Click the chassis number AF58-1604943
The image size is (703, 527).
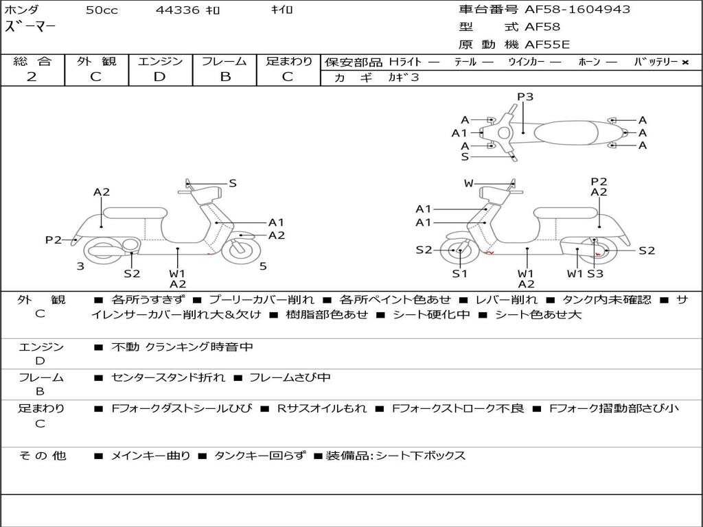coord(568,10)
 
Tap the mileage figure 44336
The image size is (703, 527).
coord(178,10)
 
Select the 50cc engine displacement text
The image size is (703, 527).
coord(102,10)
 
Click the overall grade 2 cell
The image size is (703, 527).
coord(32,76)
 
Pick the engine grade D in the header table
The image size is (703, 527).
coord(159,76)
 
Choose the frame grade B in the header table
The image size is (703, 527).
coord(224,76)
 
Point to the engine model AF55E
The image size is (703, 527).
coord(547,45)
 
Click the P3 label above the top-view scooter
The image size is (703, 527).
coord(525,97)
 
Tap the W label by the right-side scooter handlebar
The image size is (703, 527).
coord(469,183)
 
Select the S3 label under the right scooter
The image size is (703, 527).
coord(595,273)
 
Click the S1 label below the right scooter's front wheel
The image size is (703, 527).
coord(459,273)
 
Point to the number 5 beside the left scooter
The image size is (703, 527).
coord(263,266)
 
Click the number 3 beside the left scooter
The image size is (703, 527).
coord(80,266)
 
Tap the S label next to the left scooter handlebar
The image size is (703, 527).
coord(233,183)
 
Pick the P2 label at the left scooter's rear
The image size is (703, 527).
coord(54,239)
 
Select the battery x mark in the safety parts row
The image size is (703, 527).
coord(684,62)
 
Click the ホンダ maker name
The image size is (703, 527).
coord(22,10)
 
